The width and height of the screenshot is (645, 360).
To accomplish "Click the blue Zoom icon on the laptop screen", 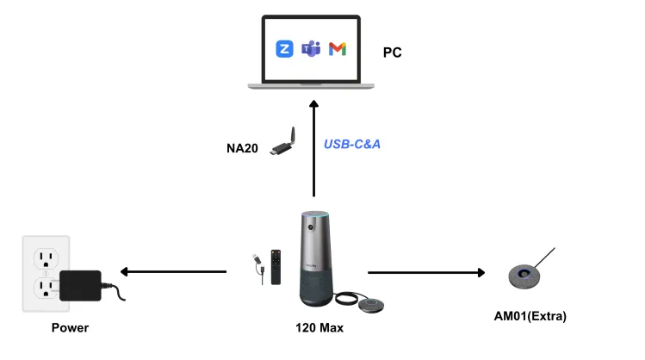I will pos(284,49).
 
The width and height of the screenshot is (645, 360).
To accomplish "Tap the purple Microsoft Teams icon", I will pos(311,49).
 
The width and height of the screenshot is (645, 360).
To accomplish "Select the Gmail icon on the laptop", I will pos(338,49).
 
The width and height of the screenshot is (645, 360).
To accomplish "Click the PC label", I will pos(393,53).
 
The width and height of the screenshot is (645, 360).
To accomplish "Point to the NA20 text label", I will pos(243,148).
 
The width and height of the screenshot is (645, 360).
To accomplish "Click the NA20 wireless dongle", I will pos(284,141).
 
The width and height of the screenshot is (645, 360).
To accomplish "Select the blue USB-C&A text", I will pos(352,144).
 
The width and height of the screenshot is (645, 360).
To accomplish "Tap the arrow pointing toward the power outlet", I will pos(172,272).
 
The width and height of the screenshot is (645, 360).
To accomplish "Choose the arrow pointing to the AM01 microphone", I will pos(426,272).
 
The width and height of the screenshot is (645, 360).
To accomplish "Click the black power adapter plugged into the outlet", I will pos(80,284).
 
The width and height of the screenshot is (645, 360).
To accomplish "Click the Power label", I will pos(70,327).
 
